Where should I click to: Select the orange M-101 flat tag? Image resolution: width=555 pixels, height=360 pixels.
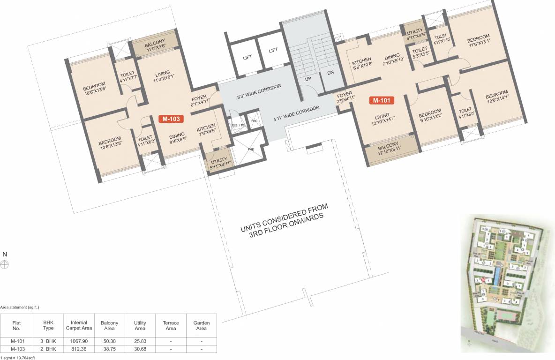381,100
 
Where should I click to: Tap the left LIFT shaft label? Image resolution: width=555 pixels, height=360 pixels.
247,58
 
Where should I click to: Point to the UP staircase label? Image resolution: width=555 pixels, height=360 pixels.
308,79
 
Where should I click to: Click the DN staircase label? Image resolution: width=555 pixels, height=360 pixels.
330,73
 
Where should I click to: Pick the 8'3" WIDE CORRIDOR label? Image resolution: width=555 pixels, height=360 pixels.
259,94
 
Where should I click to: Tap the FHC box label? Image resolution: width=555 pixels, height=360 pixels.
254,121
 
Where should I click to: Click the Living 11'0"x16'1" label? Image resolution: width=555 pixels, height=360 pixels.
162,77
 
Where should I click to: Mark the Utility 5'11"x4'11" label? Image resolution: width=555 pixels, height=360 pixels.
219,161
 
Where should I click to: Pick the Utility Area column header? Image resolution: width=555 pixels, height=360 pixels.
140,325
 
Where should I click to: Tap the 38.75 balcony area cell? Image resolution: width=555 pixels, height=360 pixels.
109,349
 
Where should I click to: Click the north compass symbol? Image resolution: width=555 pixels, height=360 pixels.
5,264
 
